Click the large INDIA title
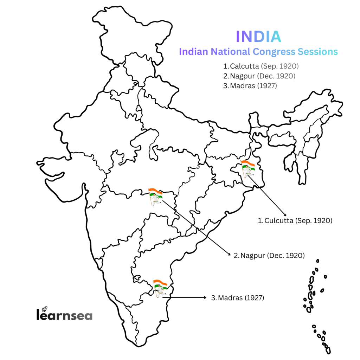click(258, 36)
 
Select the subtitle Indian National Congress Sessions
click(258, 52)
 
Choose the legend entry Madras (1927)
click(250, 86)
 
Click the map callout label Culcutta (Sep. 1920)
click(295, 221)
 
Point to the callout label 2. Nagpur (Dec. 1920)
click(269, 255)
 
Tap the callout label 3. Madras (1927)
click(238, 298)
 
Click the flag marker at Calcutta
click(247, 168)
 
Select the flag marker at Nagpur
click(155, 196)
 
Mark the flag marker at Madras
click(160, 288)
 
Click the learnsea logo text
click(64, 315)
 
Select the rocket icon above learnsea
click(44, 309)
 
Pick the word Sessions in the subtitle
click(318, 52)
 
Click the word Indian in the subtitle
click(193, 52)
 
